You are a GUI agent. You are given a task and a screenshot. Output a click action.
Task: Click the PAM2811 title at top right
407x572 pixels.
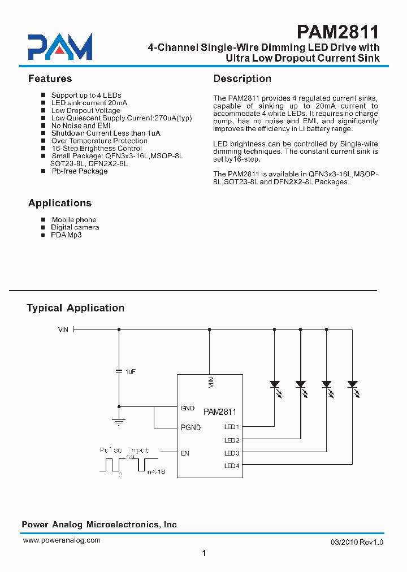[x=337, y=31]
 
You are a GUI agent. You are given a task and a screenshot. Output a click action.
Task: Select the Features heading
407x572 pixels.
[x=50, y=79]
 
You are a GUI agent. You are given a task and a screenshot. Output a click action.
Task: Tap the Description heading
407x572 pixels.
[x=242, y=79]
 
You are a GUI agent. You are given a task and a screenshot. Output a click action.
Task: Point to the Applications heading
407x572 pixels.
[x=59, y=203]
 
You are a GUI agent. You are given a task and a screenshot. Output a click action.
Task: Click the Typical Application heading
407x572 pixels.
[x=75, y=308]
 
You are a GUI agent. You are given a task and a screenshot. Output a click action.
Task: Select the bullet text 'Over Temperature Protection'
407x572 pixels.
[x=99, y=141]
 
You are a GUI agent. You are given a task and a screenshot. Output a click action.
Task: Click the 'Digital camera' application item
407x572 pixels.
[x=75, y=227]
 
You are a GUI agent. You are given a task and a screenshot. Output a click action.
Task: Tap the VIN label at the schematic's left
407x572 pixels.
[x=63, y=329]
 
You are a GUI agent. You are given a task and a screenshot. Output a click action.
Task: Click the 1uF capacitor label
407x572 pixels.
[x=131, y=371]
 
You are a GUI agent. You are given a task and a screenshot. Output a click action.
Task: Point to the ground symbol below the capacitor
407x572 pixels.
[x=119, y=421]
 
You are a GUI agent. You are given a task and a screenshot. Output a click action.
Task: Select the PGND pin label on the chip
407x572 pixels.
[x=190, y=427]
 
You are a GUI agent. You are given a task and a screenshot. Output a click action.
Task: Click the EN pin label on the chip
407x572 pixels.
[x=185, y=453]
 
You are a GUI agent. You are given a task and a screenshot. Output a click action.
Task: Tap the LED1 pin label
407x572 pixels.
[x=232, y=427]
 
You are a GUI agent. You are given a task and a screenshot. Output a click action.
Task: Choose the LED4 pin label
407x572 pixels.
[x=232, y=466]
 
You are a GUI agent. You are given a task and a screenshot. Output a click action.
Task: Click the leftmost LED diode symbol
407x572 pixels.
[x=275, y=384]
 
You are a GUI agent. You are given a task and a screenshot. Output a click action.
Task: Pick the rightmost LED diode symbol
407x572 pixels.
[x=353, y=384]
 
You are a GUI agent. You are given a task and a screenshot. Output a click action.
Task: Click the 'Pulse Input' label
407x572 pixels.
[x=124, y=450]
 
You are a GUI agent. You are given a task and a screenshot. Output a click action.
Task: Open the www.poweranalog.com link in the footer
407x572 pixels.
[x=62, y=540]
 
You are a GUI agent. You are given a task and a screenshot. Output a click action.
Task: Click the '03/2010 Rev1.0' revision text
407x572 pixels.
[x=357, y=542]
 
